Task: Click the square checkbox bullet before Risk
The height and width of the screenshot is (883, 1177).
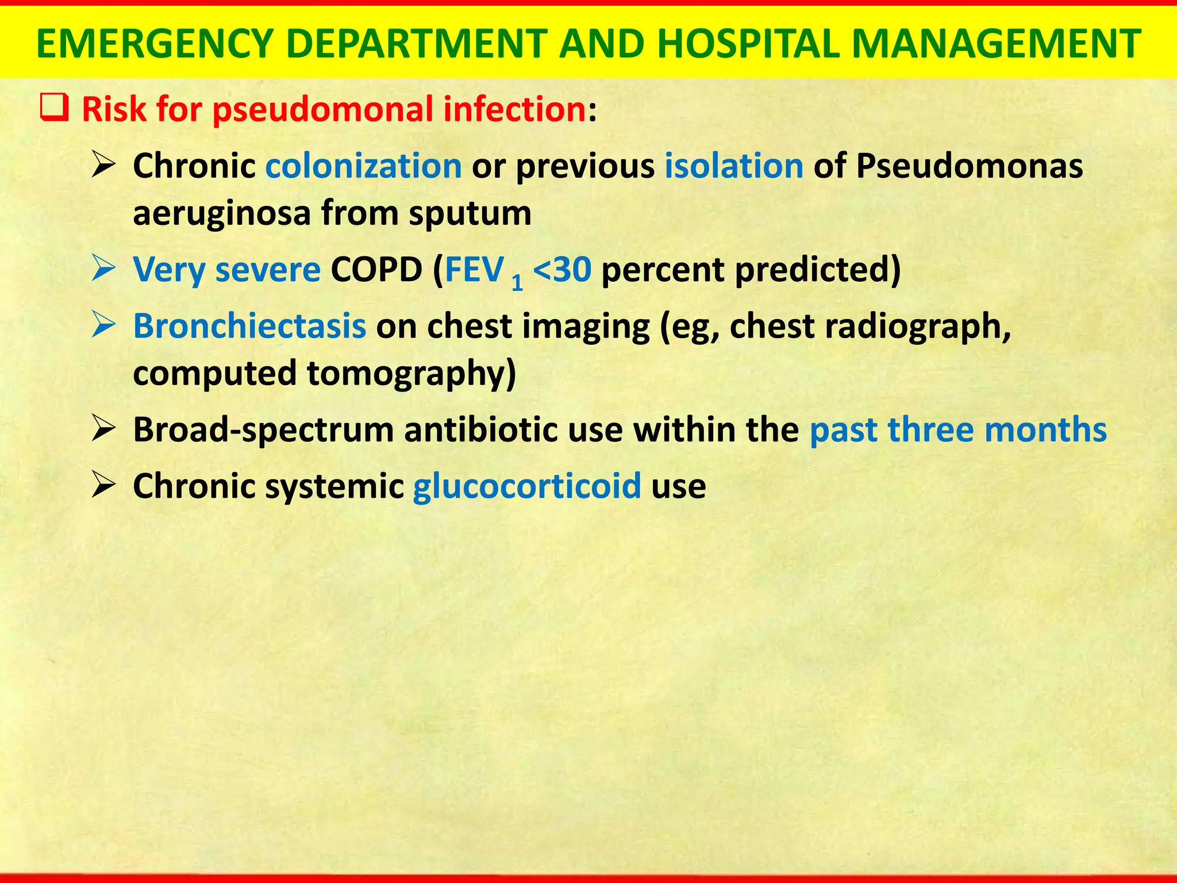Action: pos(54,108)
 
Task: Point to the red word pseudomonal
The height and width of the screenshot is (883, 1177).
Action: pos(322,109)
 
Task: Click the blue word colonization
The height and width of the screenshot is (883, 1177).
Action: pos(363,166)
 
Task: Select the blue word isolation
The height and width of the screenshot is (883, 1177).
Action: pos(734,166)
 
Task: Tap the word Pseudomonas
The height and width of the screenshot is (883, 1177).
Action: pos(970,166)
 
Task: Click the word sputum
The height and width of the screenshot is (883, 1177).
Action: pos(470,214)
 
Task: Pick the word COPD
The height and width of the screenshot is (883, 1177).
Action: pos(376,270)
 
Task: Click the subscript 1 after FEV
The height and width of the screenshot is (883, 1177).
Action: pos(517,283)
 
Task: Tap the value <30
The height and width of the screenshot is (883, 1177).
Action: pos(561,270)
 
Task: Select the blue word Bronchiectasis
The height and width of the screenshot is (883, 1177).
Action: pos(249,326)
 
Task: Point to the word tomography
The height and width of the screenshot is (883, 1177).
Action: pos(411,374)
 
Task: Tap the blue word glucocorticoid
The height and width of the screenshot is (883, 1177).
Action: pos(526,486)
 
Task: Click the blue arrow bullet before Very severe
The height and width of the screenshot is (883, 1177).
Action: pos(104,268)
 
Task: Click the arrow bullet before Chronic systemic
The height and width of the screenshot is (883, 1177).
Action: pos(104,485)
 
